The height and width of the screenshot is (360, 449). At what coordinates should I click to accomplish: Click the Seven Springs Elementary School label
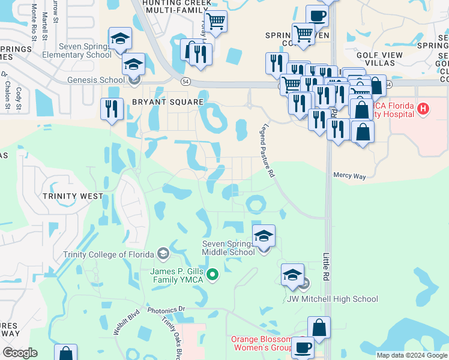point(77,50)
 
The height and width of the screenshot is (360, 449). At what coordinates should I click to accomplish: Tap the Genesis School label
point(95,79)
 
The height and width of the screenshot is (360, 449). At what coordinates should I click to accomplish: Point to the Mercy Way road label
point(349,176)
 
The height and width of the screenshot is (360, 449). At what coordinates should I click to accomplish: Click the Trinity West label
point(73,196)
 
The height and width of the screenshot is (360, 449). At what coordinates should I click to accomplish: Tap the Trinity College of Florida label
point(107,254)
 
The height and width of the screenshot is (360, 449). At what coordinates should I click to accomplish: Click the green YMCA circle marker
point(212,275)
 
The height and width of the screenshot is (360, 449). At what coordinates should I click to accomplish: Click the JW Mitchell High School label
point(332,299)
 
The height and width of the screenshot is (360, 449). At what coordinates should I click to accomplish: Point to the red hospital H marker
point(423,109)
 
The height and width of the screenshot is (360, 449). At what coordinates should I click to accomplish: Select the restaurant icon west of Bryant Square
point(111,109)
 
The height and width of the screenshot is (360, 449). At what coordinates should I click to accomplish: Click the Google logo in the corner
point(20,353)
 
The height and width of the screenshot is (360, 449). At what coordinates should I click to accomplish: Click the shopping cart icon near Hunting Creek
point(215,22)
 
